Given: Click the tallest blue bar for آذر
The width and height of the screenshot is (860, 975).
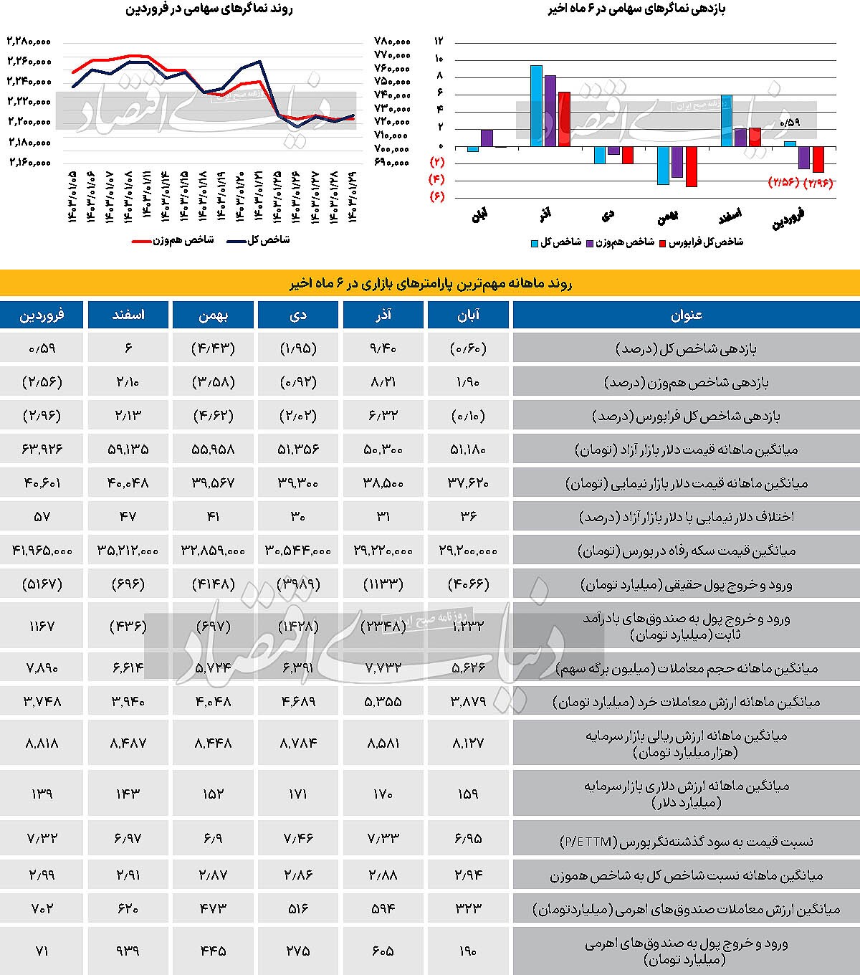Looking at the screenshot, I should coord(535,106).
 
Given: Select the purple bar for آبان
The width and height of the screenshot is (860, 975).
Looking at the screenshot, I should coord(487,138).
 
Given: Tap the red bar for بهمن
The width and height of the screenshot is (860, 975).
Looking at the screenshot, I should coord(691,166).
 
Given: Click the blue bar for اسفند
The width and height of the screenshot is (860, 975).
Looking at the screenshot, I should coord(727,120).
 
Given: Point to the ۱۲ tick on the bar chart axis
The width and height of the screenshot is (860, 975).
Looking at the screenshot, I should coord(439,41).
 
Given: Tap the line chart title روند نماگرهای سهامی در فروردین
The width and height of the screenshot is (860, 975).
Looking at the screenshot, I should coord(209,9).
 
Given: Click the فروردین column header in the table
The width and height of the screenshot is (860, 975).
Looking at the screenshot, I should coord(42,315).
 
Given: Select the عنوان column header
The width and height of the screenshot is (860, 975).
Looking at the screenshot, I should coord(686,315).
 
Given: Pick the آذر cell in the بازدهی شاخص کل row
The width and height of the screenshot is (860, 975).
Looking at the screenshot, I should coord(383,349).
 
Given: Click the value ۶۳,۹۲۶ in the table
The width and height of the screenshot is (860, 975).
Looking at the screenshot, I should coord(42,450).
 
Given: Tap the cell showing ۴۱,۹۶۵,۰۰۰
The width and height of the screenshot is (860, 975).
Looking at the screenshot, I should coord(42,551).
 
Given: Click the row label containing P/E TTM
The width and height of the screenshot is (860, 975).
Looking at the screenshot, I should coord(686,841).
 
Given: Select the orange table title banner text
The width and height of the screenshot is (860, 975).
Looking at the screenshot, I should coord(430,283).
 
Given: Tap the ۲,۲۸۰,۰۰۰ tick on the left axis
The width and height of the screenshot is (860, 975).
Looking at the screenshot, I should coord(29,41).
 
